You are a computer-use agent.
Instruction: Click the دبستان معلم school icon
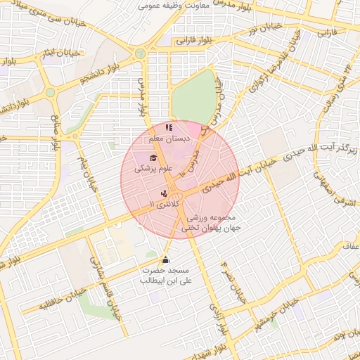168,128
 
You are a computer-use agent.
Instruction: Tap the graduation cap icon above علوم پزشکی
153,157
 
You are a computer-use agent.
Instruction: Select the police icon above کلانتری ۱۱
164,193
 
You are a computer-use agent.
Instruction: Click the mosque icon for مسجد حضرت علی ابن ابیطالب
166,259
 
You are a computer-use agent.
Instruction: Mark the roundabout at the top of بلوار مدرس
141,53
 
